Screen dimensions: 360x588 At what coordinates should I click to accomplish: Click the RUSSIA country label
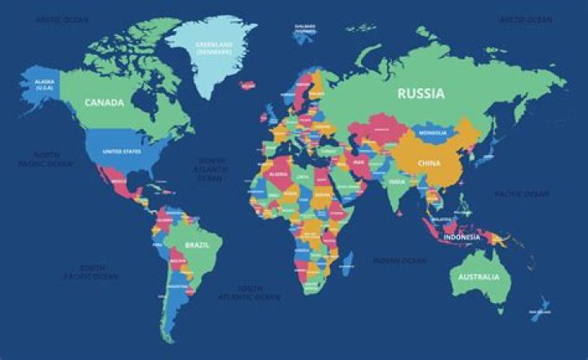point(421,93)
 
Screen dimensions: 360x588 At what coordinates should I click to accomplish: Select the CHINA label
point(429,162)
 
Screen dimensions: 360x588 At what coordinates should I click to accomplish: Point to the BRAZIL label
point(197,245)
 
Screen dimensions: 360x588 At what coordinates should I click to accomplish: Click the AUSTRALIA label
point(478,278)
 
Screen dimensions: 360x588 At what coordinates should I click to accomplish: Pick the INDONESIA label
point(462,238)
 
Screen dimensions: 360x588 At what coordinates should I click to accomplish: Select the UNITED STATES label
point(121,151)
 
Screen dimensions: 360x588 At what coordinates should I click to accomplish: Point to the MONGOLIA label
point(431,132)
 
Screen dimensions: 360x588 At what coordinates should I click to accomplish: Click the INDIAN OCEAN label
point(400,260)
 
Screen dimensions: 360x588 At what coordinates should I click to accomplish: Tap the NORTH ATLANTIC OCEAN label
point(211,168)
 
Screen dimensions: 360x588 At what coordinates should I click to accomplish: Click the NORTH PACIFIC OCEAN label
point(46,158)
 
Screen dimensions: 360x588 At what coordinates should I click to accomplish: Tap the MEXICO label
point(120,181)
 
